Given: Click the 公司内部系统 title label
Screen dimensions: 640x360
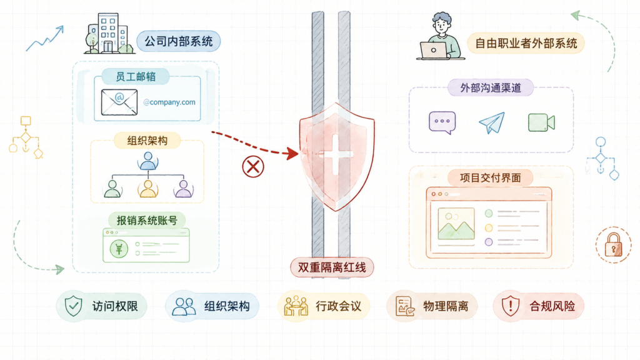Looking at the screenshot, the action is [178, 41].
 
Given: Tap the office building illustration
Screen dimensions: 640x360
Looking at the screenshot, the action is [109, 34].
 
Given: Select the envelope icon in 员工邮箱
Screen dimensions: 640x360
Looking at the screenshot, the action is [119, 102].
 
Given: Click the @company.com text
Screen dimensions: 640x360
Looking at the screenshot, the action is [169, 102].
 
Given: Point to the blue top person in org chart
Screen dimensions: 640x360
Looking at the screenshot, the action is [147, 161].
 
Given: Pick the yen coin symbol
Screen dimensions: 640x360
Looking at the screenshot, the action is [119, 249].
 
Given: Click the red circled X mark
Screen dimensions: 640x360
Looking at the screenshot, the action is [253, 166].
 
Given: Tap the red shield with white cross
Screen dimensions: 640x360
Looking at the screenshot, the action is [336, 157].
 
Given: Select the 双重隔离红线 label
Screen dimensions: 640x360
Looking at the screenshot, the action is [332, 267].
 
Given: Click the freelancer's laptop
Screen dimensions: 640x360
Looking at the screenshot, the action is [434, 51].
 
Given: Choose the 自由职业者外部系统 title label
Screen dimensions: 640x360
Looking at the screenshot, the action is [526, 43].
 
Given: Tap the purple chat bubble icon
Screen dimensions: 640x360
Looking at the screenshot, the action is [442, 122].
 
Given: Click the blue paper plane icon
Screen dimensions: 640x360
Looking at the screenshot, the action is [492, 122].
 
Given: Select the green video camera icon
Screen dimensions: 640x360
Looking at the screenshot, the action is [542, 122].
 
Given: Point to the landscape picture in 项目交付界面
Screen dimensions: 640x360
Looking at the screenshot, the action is [456, 224].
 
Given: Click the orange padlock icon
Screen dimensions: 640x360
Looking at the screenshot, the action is [614, 244].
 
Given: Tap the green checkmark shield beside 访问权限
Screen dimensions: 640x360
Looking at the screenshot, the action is [74, 306].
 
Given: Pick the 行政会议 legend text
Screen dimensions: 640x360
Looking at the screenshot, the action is [338, 306].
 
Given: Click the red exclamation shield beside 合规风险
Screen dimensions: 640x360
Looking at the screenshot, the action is [510, 306].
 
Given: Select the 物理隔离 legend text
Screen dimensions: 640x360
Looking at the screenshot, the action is [445, 306].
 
